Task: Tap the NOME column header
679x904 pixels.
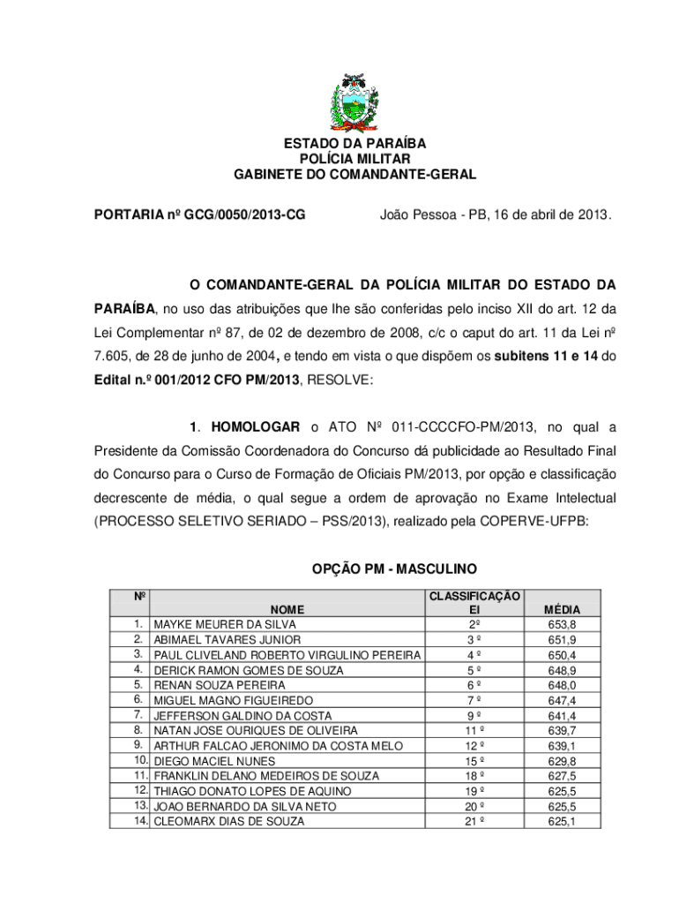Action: point(287,609)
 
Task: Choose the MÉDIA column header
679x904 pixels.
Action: point(562,609)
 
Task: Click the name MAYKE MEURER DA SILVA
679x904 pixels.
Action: point(225,624)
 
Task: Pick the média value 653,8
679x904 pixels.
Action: point(562,624)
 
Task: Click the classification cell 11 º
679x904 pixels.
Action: point(474,731)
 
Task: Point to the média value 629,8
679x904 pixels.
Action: point(562,761)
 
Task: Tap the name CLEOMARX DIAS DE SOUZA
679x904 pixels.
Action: point(229,821)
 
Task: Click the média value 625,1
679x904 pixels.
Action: point(562,821)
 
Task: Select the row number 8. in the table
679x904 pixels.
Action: point(138,730)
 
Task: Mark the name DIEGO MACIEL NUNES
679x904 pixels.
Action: point(214,761)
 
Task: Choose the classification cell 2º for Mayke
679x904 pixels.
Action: point(474,624)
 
